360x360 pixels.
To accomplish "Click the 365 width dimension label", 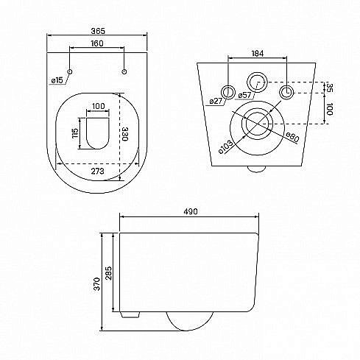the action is (98, 31).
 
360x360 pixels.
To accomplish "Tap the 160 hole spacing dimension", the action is (97, 43).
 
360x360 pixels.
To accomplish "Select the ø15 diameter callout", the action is (57, 80).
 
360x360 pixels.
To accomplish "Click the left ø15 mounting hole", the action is (70, 71).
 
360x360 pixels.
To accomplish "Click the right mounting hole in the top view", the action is (124, 71).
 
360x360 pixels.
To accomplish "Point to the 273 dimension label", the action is (98, 171).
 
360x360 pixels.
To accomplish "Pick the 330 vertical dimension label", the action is (125, 134).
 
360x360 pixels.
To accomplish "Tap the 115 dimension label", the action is (75, 133).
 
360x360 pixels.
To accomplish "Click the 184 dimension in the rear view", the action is (258, 53).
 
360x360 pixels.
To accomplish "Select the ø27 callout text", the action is (216, 101).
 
